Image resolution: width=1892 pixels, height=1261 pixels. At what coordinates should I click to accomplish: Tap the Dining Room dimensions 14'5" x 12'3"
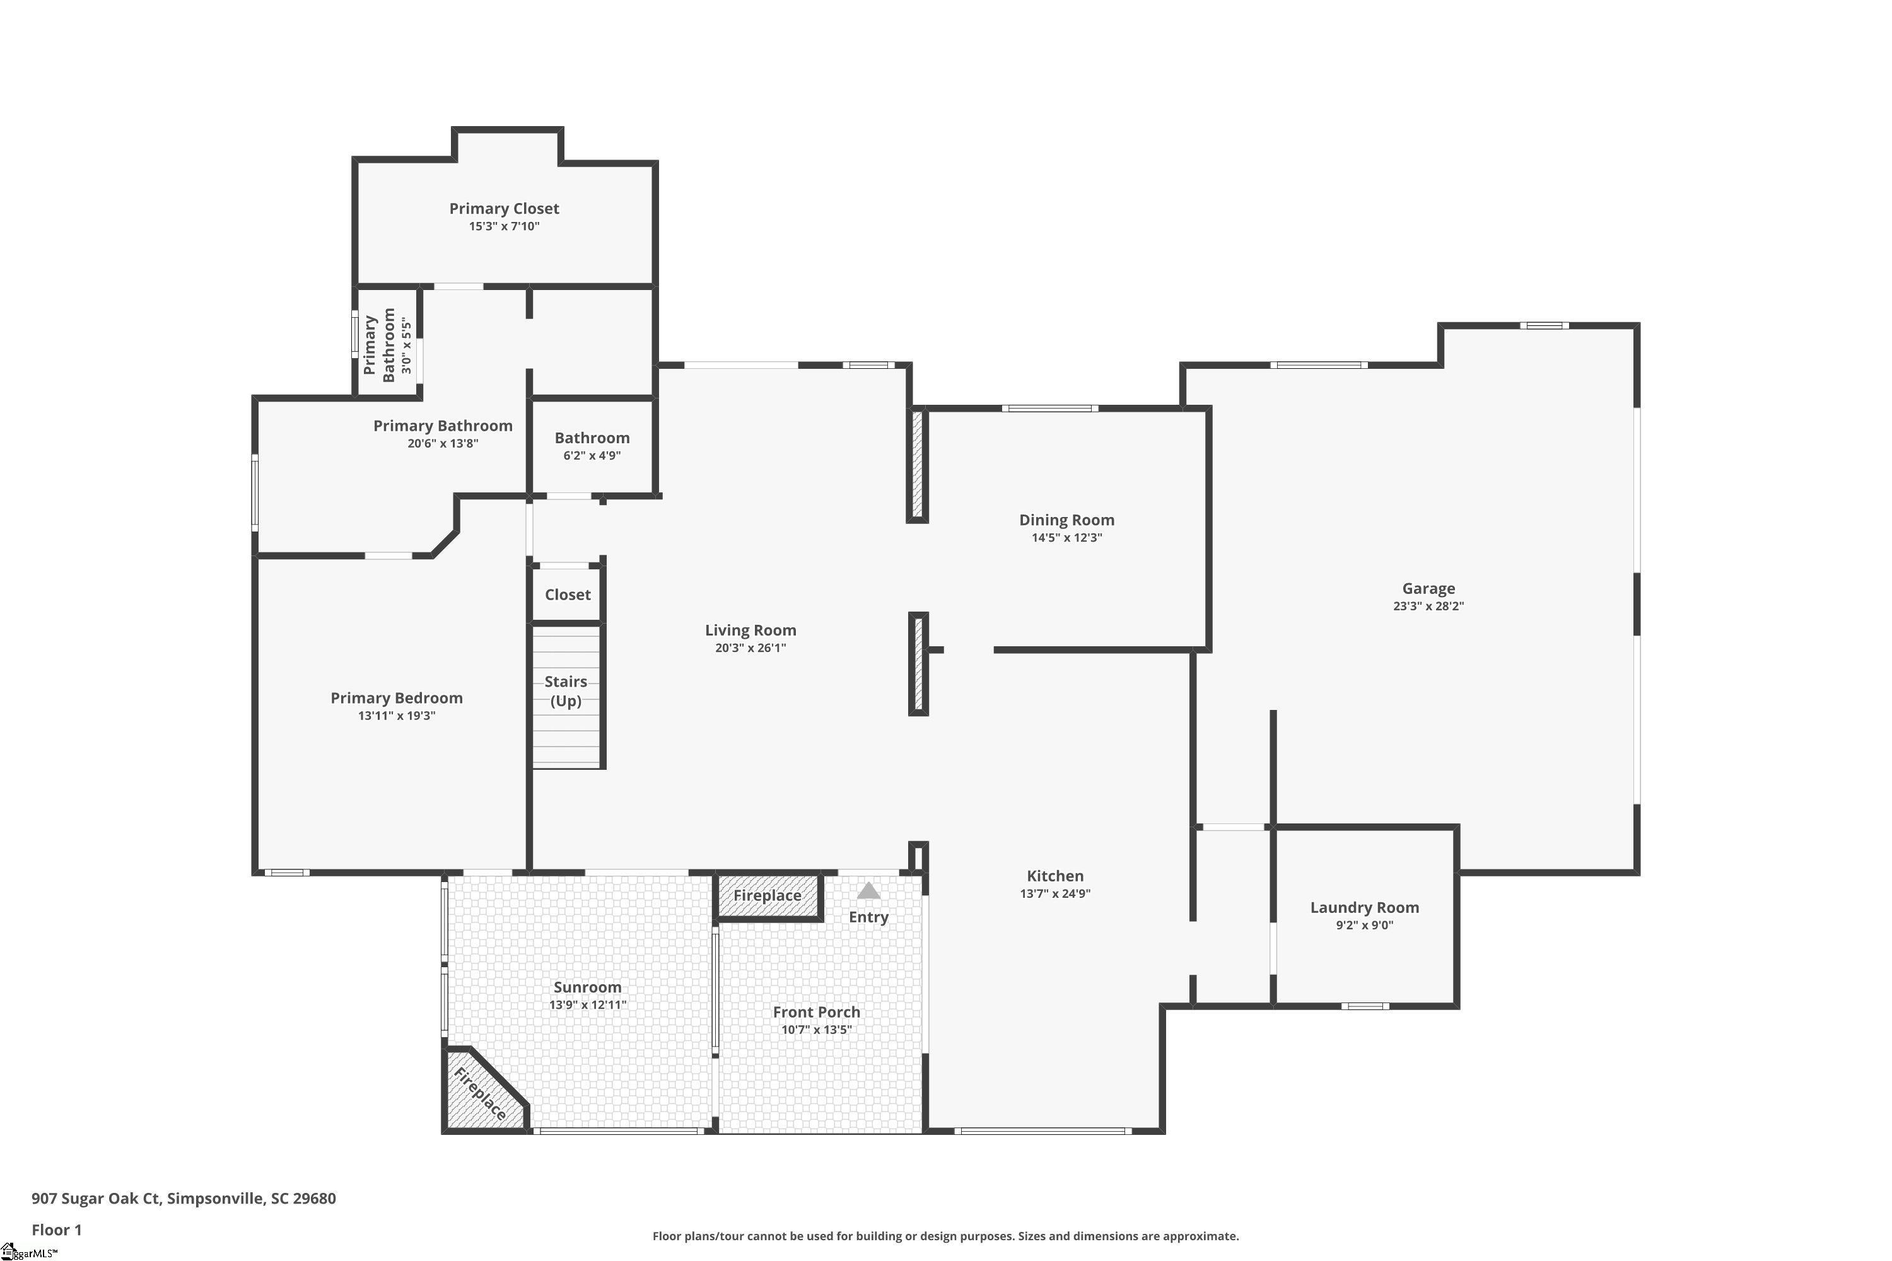click(x=1066, y=538)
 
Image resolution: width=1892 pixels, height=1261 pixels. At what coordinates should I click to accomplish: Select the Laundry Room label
click(x=1364, y=907)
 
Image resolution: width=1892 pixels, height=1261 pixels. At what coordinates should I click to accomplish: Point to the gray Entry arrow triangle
click(x=868, y=890)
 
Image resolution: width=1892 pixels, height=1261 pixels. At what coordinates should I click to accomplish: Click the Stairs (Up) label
click(x=566, y=691)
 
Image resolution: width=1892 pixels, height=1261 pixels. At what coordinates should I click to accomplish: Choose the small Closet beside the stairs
click(x=567, y=595)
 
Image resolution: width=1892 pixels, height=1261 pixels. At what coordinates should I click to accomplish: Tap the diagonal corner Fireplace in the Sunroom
click(x=479, y=1094)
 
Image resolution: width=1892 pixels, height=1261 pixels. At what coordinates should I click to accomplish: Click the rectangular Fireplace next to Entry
click(x=768, y=895)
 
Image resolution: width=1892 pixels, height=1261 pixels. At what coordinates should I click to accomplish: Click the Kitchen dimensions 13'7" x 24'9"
click(x=1054, y=893)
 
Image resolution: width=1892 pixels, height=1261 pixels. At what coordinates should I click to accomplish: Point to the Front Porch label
click(x=817, y=1012)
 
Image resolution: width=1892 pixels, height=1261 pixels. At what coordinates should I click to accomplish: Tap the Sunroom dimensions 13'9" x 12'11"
click(x=587, y=1004)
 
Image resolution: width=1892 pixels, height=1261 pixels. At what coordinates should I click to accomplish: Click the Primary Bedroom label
click(x=397, y=698)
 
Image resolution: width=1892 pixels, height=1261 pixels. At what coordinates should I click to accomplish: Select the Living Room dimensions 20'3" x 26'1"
click(x=750, y=648)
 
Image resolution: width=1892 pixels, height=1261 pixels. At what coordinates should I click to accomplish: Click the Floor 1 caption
click(x=56, y=1229)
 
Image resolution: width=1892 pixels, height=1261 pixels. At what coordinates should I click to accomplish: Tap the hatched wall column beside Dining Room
click(x=917, y=465)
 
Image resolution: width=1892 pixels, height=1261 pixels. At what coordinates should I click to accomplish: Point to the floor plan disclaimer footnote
click(x=945, y=1236)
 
